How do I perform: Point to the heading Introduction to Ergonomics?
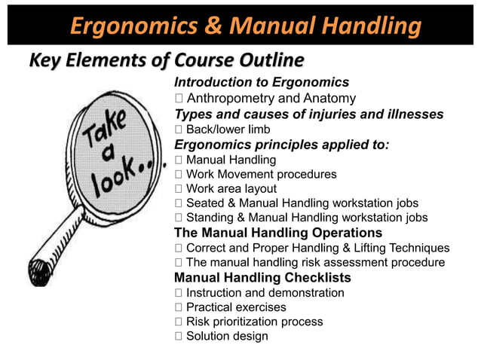tap(262, 82)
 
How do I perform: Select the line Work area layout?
tap(231, 189)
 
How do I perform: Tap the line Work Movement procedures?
tap(261, 174)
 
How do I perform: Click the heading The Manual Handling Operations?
tap(278, 233)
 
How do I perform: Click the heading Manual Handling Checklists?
tap(262, 278)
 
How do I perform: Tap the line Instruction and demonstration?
tap(265, 292)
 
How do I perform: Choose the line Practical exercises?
tap(236, 307)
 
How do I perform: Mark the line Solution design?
tap(227, 336)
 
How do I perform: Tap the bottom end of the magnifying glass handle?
tap(38, 268)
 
